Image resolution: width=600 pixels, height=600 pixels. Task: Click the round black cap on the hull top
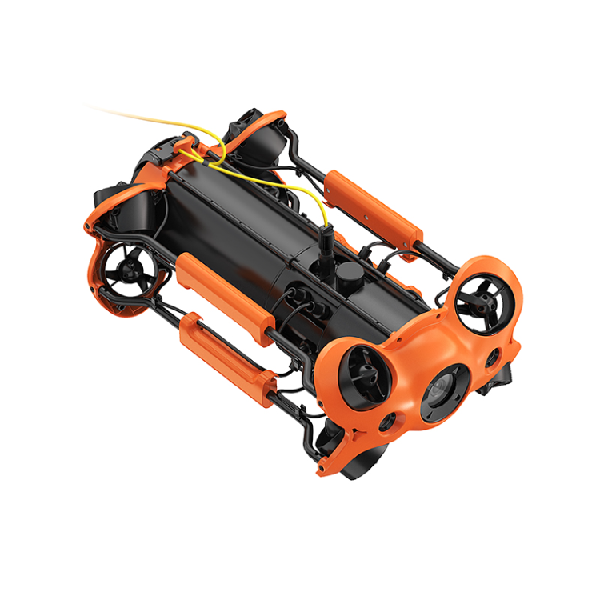346,275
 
